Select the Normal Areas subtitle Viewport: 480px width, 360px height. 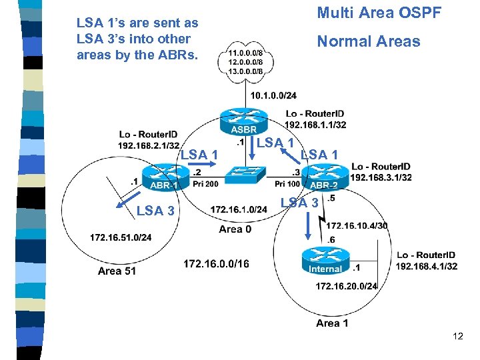[x=368, y=41]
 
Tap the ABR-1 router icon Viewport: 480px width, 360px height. [x=163, y=179]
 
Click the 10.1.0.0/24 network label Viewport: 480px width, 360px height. [x=273, y=96]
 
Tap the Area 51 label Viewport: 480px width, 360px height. [x=117, y=271]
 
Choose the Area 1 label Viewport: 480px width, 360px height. [x=332, y=323]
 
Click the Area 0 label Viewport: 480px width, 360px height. [x=235, y=229]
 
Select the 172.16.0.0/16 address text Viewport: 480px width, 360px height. [x=216, y=265]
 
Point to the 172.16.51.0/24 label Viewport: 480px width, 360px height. [x=121, y=237]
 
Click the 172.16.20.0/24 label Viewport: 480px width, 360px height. [x=347, y=286]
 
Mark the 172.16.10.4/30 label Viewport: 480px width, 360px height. [x=357, y=226]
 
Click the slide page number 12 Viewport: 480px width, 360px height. [x=457, y=336]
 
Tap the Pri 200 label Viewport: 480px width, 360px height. [x=205, y=184]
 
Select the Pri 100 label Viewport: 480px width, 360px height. [x=287, y=184]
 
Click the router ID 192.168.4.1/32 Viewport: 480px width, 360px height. [x=427, y=266]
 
